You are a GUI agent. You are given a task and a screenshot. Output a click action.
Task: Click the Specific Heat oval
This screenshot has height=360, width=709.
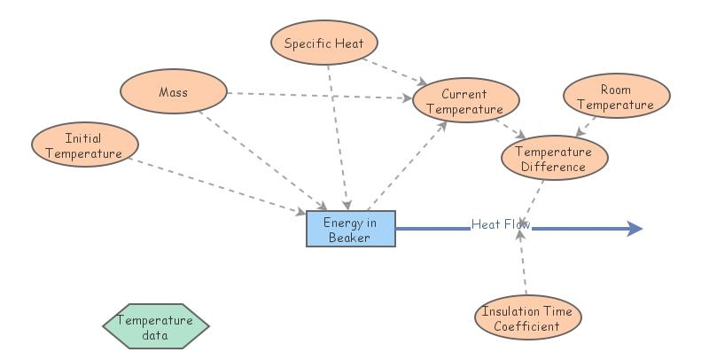(331, 43)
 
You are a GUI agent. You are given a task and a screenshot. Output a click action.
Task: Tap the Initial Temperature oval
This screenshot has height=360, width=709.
(85, 145)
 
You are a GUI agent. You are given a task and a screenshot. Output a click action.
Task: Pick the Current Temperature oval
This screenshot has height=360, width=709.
(464, 101)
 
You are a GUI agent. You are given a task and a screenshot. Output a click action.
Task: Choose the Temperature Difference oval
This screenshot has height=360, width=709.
(556, 159)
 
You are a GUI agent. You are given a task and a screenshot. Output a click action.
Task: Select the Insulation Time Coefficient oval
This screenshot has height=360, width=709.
(527, 318)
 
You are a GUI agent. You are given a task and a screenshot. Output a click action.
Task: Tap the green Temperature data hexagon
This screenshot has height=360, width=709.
(155, 327)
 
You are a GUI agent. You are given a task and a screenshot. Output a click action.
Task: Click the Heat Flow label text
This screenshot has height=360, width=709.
(500, 224)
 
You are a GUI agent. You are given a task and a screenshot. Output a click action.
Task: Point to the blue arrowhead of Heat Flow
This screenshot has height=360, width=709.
(634, 230)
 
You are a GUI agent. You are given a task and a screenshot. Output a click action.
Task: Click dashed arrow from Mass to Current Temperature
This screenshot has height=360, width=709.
(319, 95)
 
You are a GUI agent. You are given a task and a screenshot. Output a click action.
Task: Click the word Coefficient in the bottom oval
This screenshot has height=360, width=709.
(527, 326)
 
